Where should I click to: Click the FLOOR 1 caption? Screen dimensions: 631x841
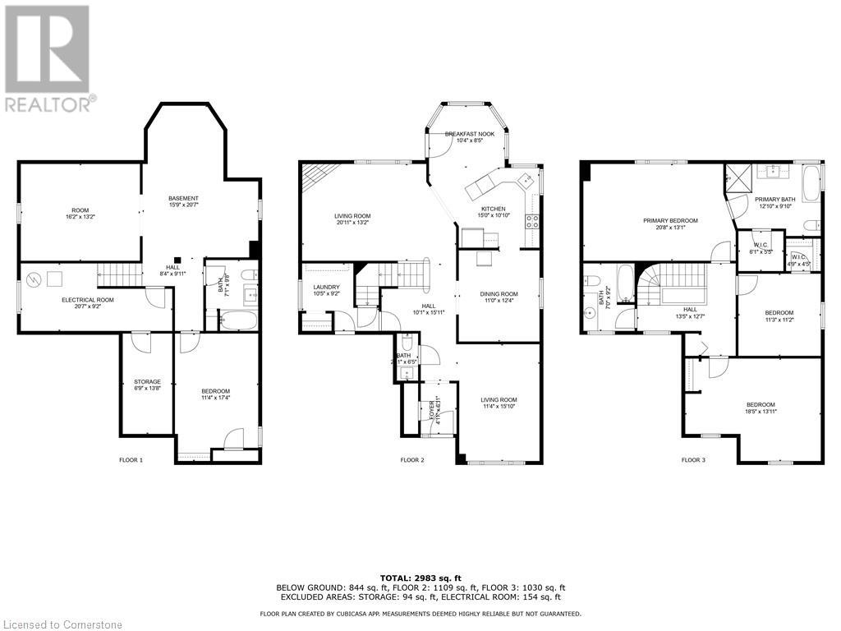point(131,460)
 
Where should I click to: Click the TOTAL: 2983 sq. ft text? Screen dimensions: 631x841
point(420,578)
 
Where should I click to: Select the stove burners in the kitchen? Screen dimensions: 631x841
point(531,220)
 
